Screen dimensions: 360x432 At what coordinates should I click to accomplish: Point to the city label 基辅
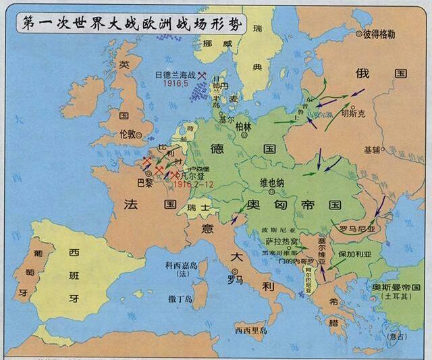click(373, 149)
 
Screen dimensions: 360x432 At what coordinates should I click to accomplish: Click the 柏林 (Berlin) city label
click(243, 126)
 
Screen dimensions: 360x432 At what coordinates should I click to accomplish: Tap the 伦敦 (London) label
click(127, 134)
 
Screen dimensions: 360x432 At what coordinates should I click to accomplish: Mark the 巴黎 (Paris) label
click(144, 182)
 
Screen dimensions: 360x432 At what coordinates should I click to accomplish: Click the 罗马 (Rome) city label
click(235, 278)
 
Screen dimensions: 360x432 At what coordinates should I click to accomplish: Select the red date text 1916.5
click(174, 86)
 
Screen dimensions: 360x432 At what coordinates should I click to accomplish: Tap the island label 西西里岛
click(251, 330)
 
